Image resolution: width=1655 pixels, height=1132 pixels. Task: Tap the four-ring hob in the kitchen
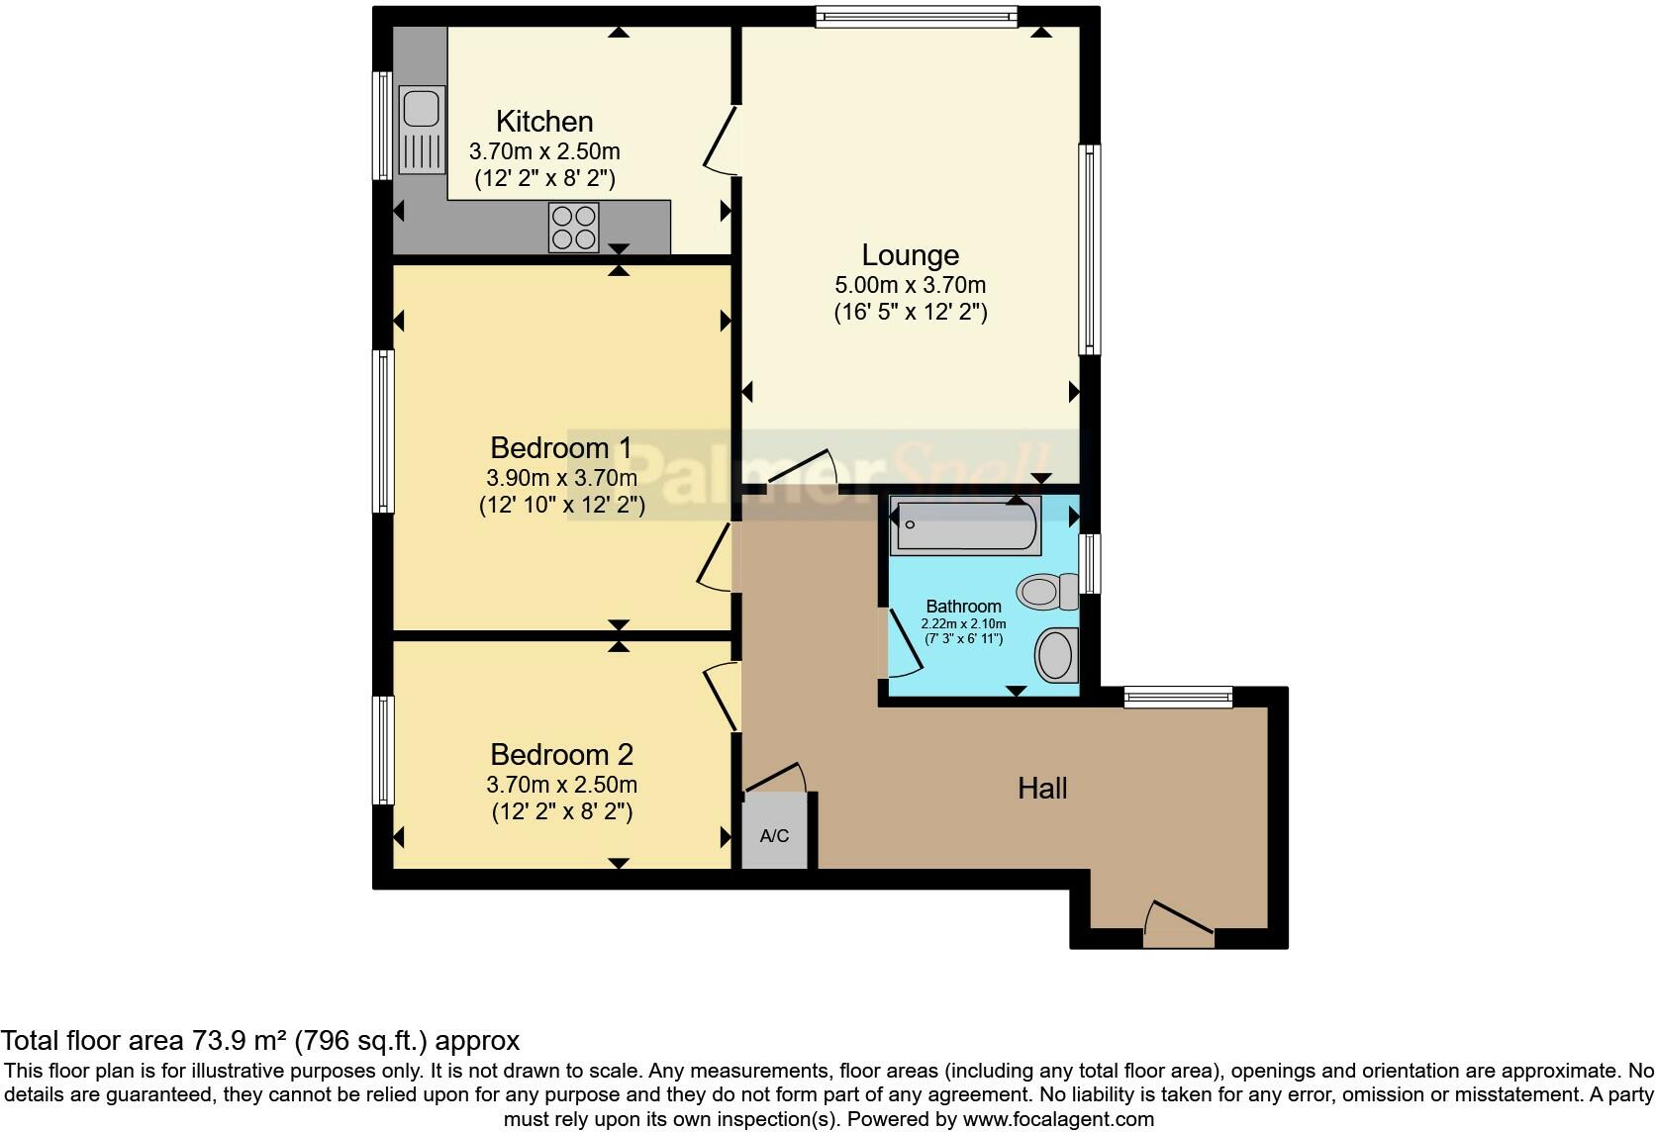(574, 228)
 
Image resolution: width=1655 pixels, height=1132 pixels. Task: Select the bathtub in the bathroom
(965, 525)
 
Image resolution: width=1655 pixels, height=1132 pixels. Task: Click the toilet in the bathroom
(1048, 592)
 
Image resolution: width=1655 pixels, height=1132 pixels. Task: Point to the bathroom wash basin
(1055, 655)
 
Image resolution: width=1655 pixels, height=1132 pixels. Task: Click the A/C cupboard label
(774, 836)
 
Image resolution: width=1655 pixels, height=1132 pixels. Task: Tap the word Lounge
(910, 255)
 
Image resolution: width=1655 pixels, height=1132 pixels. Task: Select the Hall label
(1042, 789)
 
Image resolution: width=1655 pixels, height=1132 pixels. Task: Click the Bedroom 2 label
(561, 755)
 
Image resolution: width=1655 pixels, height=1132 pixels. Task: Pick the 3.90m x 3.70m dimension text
(561, 478)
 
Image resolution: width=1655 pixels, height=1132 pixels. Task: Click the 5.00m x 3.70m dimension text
(910, 285)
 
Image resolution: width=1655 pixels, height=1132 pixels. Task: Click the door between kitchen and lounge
(721, 141)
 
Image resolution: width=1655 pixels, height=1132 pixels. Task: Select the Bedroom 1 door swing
(715, 559)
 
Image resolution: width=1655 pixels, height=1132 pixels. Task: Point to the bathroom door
(903, 643)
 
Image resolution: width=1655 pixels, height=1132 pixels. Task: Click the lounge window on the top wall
(916, 16)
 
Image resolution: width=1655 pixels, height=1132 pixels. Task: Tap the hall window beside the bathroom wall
(1178, 698)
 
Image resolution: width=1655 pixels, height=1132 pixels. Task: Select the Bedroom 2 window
(383, 750)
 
